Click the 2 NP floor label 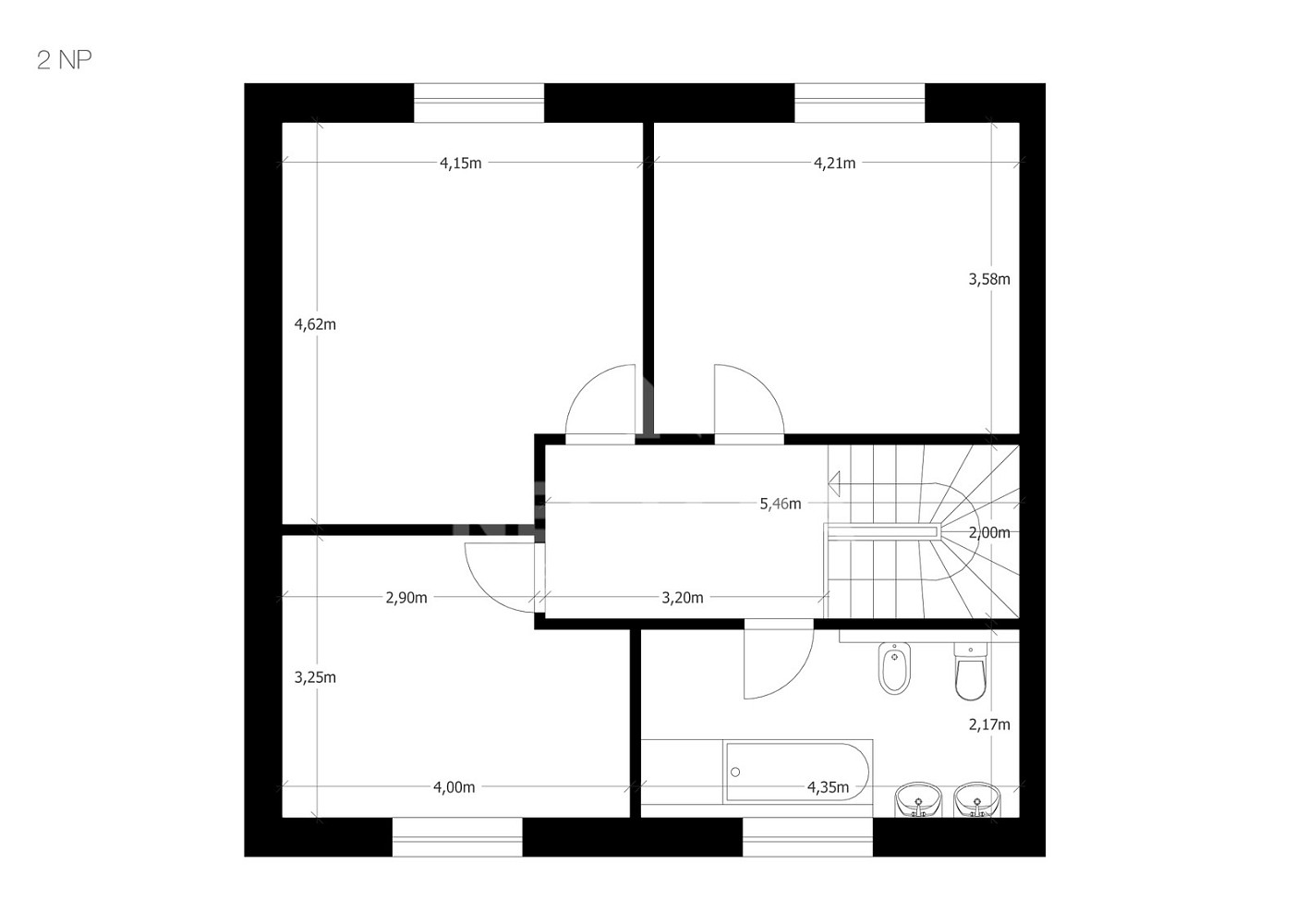coord(65,60)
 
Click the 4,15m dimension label coord(460,163)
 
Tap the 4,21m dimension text coord(834,163)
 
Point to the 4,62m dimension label coord(315,324)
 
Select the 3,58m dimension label coord(989,279)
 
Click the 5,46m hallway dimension coord(781,504)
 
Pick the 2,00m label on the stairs coord(989,532)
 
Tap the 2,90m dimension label coord(406,598)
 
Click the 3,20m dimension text coord(682,598)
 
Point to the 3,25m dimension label coord(315,677)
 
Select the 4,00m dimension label coord(454,787)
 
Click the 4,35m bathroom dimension coord(828,787)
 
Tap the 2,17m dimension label coord(989,724)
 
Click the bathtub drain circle coord(735,772)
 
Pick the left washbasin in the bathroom coord(918,799)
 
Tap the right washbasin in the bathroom coord(976,799)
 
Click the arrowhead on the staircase coord(834,483)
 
